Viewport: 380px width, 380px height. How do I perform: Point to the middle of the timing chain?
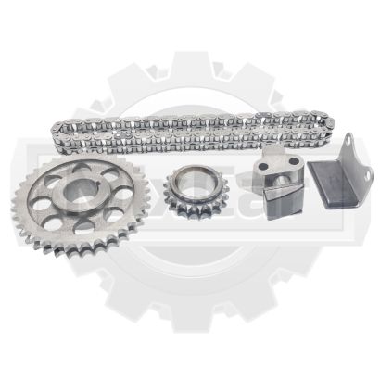[185, 130]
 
